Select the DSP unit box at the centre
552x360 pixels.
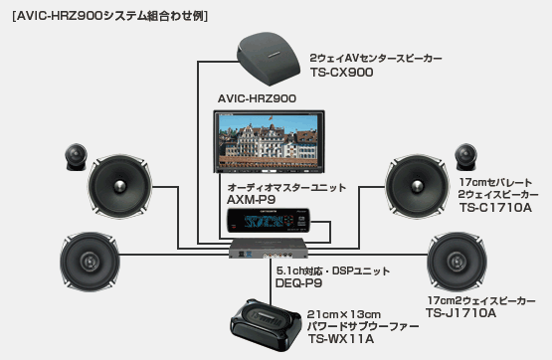click(x=274, y=250)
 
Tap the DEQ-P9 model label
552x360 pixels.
click(x=297, y=283)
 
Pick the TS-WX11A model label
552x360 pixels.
click(x=344, y=339)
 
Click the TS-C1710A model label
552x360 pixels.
click(x=493, y=209)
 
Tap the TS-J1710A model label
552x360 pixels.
click(x=460, y=313)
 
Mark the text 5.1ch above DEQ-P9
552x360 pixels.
click(x=291, y=269)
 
